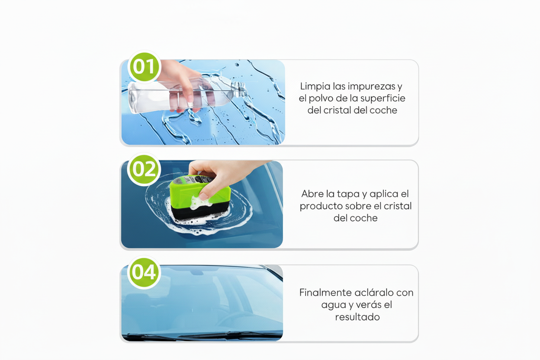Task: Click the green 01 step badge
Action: pos(144,67)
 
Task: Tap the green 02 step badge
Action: pos(144,170)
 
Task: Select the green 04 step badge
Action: pos(144,272)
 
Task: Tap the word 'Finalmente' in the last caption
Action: pos(325,292)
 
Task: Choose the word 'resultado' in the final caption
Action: pos(357,317)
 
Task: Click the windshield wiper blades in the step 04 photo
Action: pos(203,335)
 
